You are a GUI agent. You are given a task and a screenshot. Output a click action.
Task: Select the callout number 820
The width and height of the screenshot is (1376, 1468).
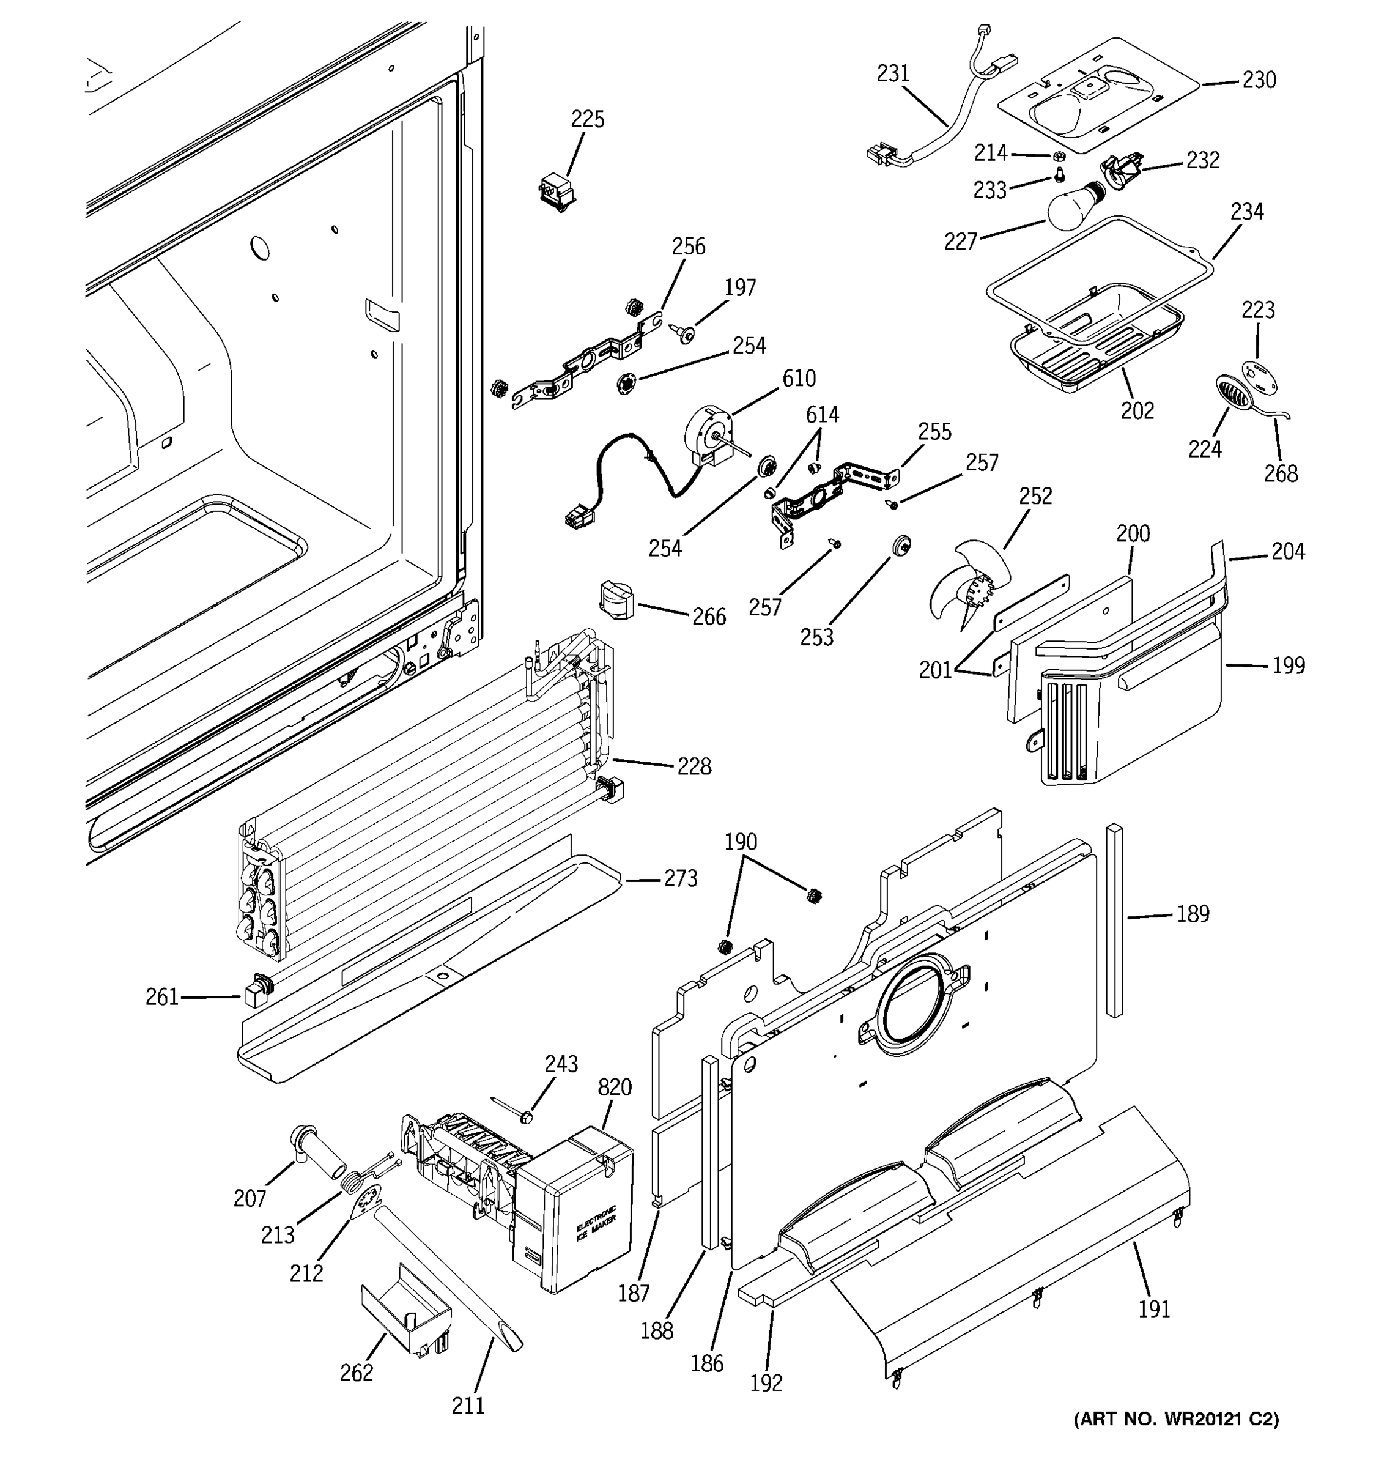[614, 1087]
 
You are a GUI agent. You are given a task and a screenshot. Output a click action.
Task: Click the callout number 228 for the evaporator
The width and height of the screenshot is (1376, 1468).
[694, 767]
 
